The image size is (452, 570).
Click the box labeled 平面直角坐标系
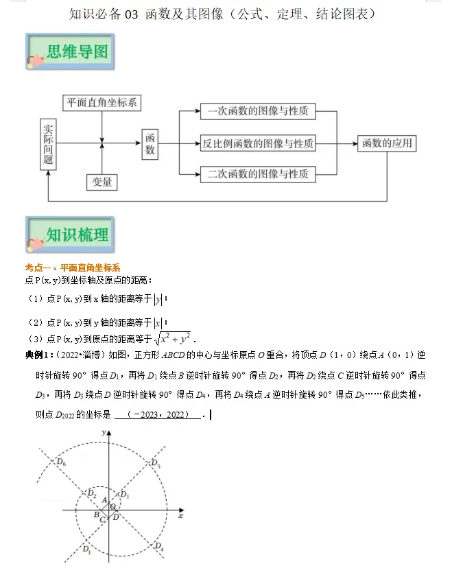[x=102, y=104]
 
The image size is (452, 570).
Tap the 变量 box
[x=102, y=182]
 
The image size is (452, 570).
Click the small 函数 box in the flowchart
[x=150, y=144]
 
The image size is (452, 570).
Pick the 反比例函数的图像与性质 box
[x=258, y=144]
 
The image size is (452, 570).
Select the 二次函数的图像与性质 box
[x=258, y=174]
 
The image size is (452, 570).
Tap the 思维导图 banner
[x=69, y=53]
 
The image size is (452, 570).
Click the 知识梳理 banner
[x=69, y=235]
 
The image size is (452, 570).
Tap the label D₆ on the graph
[x=62, y=463]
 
